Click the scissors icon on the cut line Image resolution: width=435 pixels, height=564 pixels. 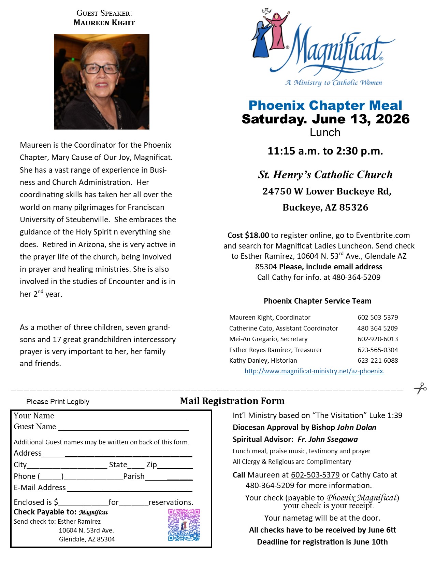(420, 388)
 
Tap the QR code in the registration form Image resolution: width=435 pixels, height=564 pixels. (184, 525)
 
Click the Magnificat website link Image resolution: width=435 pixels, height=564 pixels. (314, 371)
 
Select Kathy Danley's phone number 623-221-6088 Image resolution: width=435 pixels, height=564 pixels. (378, 360)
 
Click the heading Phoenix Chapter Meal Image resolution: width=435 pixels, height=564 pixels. (325, 105)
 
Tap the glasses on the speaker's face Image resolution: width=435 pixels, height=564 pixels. (101, 69)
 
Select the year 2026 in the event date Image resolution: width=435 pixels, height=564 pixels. (392, 119)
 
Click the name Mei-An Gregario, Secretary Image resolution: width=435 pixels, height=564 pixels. (268, 339)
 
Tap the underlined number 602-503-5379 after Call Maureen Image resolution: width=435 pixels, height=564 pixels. (315, 475)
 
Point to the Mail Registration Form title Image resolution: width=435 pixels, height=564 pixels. (232, 401)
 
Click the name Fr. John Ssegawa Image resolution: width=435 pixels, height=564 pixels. (328, 439)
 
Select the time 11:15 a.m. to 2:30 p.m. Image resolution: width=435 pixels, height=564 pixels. (325, 151)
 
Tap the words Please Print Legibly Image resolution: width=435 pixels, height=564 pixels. (58, 402)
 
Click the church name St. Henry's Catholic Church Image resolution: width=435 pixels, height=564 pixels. (325, 175)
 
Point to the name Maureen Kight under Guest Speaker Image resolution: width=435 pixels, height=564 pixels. (104, 23)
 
